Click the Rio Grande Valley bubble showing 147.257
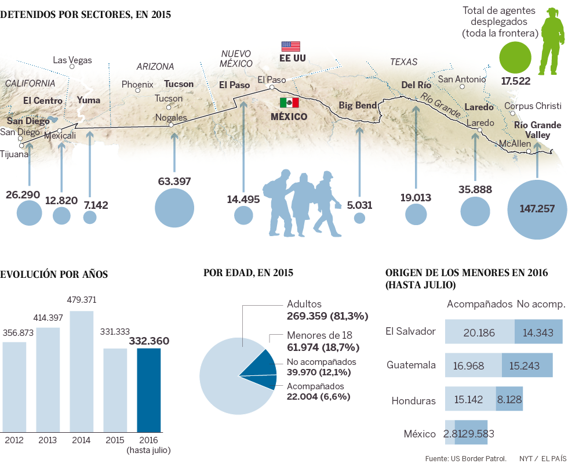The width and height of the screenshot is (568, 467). tap(537, 209)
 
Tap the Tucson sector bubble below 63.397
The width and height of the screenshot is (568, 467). tap(174, 208)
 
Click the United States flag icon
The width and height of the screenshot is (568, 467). tap(290, 46)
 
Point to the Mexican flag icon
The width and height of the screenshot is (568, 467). tap(289, 103)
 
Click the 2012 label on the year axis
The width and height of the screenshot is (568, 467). tap(14, 440)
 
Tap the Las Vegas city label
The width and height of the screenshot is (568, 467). tap(72, 60)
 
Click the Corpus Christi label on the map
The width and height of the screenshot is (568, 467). tap(533, 106)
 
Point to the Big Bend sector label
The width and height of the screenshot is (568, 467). tap(358, 106)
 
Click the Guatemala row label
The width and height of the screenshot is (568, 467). tap(411, 365)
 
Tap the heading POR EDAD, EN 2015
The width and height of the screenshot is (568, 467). tap(248, 273)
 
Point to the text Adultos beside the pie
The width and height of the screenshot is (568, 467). tap(304, 304)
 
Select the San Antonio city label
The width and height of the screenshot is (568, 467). tap(461, 79)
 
